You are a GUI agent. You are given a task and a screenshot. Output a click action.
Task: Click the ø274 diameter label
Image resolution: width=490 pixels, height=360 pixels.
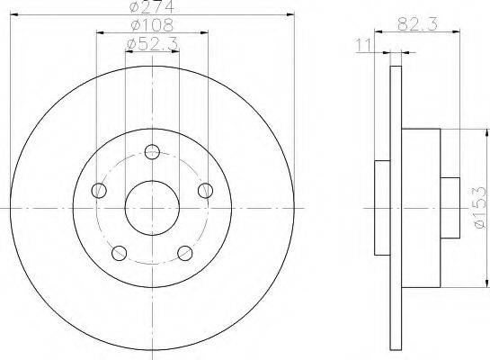[152, 6]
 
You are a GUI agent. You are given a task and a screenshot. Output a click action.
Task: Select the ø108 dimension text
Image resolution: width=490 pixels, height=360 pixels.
[152, 25]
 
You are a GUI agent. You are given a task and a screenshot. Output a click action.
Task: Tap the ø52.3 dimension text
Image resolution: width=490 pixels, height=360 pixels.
[152, 43]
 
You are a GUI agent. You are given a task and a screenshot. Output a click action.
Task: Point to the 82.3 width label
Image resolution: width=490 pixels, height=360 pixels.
[417, 23]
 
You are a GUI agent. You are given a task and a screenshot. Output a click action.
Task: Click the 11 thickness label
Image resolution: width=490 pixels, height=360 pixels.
[364, 45]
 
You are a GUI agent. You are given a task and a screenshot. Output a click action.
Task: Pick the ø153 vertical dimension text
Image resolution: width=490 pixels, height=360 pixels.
[481, 208]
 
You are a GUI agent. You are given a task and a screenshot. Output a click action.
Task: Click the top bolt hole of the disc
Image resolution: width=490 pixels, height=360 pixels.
[152, 152]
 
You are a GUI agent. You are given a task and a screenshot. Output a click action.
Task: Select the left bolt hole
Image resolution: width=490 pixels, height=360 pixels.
[99, 190]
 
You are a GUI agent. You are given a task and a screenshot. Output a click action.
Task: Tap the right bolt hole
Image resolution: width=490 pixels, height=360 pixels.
[205, 190]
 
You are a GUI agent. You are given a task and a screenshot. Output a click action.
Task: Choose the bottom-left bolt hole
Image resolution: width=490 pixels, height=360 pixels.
[119, 253]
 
